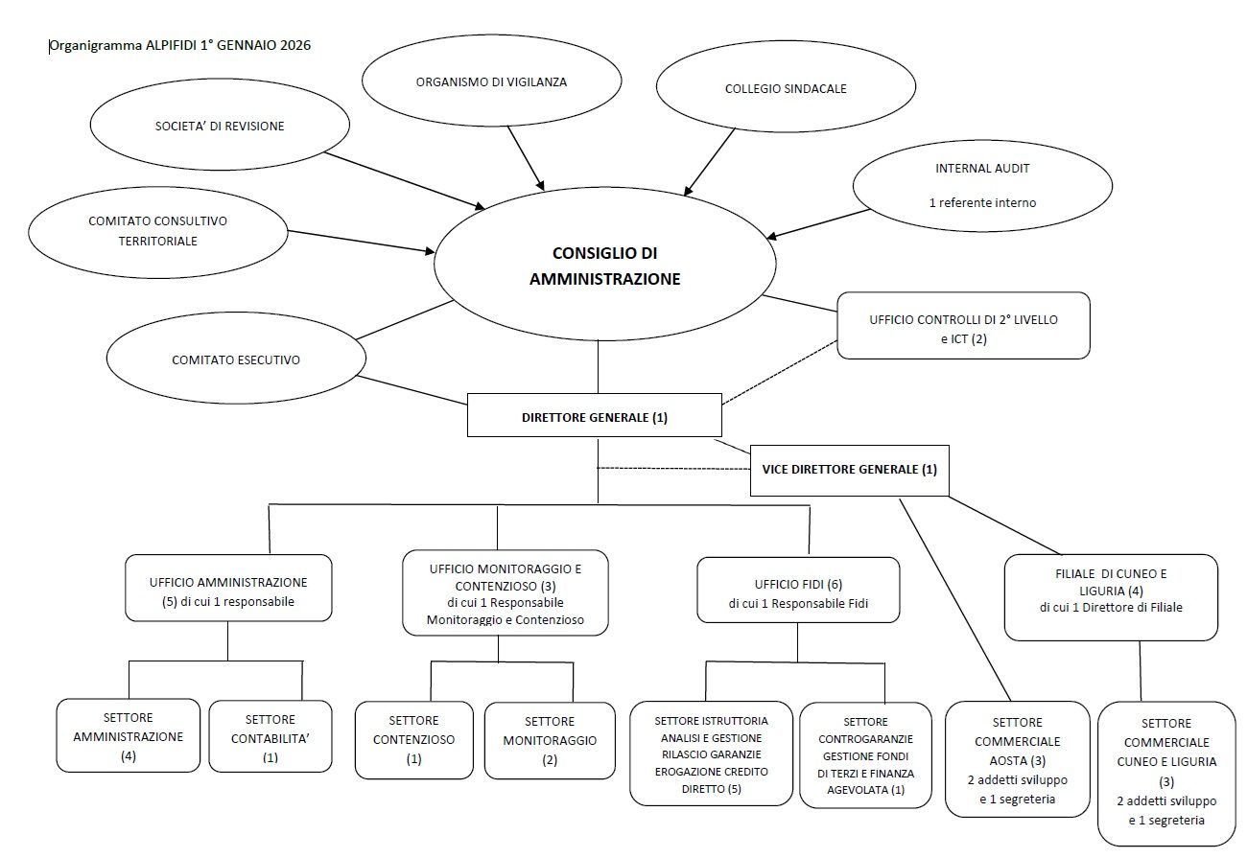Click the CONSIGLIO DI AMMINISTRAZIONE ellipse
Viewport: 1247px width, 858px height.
click(603, 266)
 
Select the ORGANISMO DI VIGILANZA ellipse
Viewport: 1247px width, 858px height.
click(491, 82)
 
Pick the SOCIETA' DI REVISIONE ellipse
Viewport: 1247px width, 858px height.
click(220, 126)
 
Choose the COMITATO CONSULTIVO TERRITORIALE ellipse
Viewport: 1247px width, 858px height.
click(158, 231)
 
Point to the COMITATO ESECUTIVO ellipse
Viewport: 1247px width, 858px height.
click(236, 359)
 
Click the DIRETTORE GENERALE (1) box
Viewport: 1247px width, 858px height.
click(595, 418)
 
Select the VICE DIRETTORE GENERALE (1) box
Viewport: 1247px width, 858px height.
click(849, 470)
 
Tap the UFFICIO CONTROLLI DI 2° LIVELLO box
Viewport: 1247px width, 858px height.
click(963, 326)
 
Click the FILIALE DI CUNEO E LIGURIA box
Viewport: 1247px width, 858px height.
click(1111, 596)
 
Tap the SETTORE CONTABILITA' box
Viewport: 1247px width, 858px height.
click(270, 736)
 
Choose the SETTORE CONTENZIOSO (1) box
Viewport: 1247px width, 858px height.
click(413, 739)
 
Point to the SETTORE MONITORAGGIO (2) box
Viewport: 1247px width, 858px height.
click(550, 740)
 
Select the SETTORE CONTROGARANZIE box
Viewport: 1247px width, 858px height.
click(865, 755)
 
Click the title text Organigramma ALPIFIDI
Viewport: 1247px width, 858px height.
click(179, 45)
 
